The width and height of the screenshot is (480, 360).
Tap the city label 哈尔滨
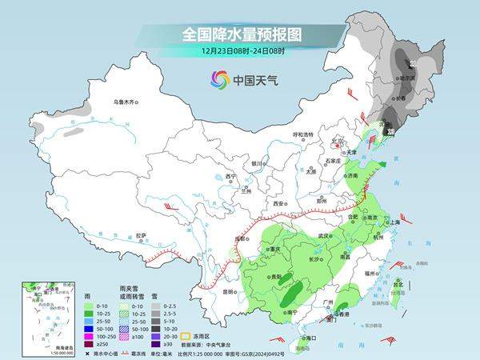409,78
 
